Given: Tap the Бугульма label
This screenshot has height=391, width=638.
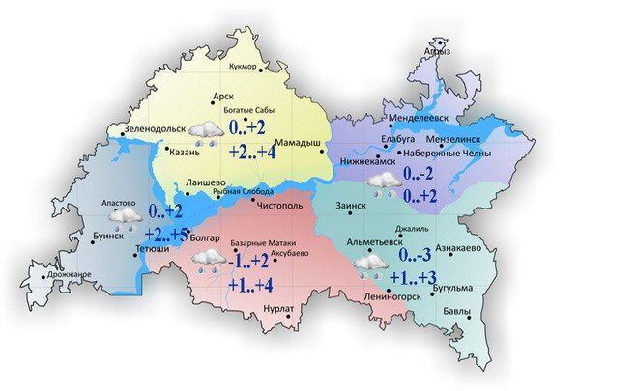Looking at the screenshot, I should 451,288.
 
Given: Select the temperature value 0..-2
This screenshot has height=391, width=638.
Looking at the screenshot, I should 420,175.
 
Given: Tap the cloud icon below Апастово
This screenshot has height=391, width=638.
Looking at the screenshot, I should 125,218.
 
